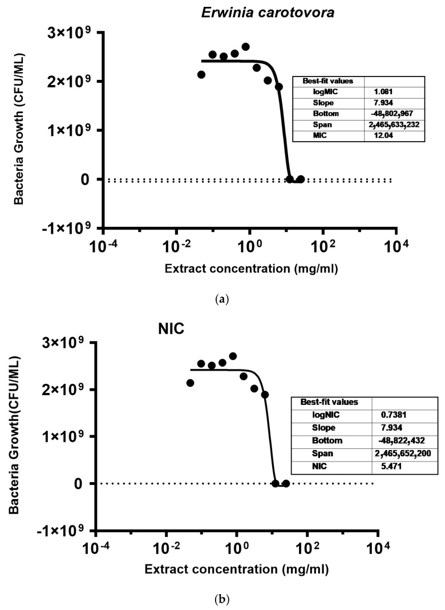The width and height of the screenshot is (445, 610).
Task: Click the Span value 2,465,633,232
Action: [395, 125]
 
